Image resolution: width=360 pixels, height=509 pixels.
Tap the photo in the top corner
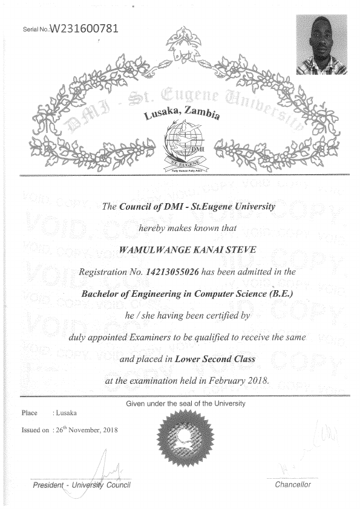[x=321, y=45]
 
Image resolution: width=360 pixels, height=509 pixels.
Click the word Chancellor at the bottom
[x=292, y=485]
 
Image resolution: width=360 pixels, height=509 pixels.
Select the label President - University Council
[x=82, y=485]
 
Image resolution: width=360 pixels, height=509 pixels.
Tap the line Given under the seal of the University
[x=186, y=403]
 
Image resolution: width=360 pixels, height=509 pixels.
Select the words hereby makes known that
[x=180, y=229]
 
